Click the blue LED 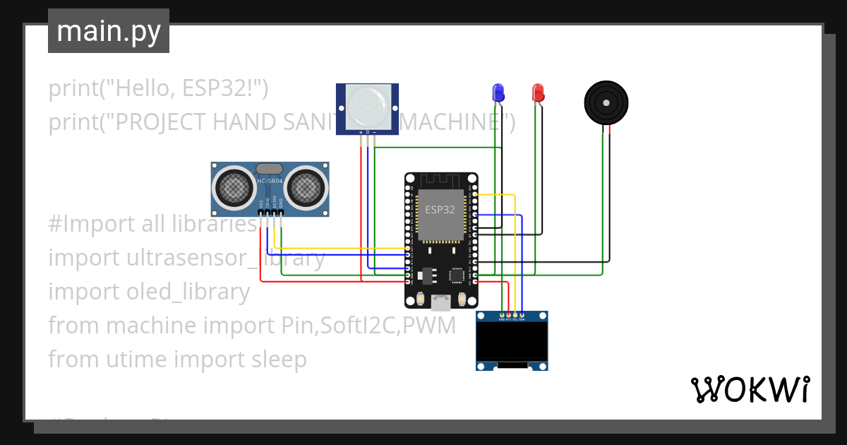(498, 93)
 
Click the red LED (538, 93)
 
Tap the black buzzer (606, 103)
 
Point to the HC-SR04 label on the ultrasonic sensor (270, 182)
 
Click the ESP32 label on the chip (440, 210)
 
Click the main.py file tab (109, 31)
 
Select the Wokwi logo (750, 389)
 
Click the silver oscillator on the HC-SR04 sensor (269, 169)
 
